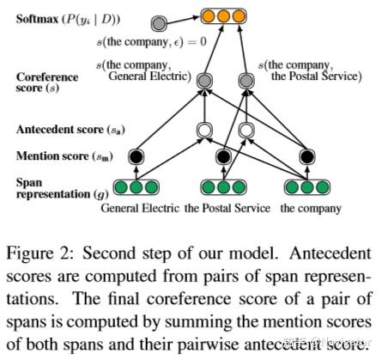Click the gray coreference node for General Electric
(203, 82)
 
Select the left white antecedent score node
(203, 131)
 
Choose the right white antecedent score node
(246, 131)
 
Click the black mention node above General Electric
(134, 157)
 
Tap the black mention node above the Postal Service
(222, 157)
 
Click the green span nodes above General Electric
(134, 186)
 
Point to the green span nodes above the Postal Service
(221, 186)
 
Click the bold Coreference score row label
(48, 82)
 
